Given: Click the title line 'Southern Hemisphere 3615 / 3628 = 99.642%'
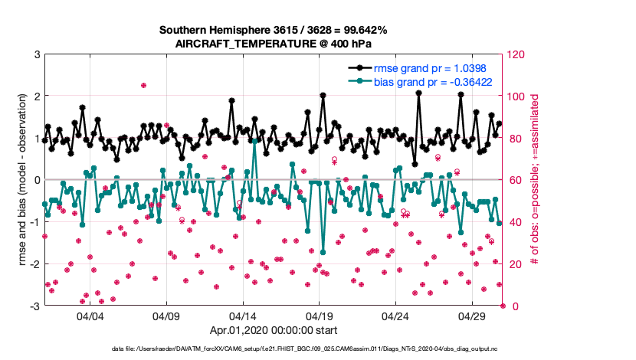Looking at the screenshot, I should click(273, 30).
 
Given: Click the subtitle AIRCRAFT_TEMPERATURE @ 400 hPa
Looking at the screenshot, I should click(273, 44).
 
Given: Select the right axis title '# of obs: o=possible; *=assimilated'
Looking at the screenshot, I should click(535, 180).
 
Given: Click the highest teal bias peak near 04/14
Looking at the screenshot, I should click(254, 141).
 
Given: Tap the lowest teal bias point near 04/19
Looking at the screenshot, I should click(323, 252).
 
